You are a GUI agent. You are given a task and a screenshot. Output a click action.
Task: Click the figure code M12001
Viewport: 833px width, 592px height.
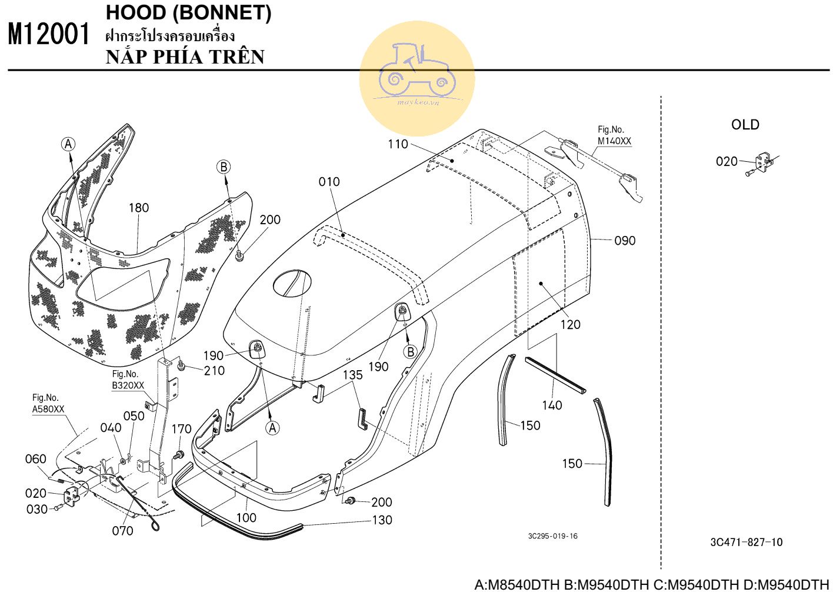49,34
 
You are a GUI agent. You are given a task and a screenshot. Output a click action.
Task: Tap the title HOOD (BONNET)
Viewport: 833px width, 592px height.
188,13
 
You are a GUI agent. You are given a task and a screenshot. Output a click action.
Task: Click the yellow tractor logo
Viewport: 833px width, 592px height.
416,78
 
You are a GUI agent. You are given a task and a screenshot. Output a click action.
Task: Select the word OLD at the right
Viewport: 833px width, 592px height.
745,125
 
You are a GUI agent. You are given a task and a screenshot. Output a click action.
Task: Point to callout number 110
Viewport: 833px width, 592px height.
398,144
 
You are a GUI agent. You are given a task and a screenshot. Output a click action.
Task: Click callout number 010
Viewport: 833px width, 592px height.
329,182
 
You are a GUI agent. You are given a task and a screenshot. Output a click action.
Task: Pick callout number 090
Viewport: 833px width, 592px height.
625,241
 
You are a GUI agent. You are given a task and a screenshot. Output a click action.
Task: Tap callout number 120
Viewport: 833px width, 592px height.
570,324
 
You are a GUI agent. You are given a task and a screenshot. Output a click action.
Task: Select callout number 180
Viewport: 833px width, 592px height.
139,208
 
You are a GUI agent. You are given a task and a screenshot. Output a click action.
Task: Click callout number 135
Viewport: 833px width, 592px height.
352,375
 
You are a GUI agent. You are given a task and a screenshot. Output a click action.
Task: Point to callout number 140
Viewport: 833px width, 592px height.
552,405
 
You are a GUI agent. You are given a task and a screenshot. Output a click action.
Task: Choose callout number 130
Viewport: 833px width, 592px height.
382,520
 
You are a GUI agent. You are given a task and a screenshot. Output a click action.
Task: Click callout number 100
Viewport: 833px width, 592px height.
246,517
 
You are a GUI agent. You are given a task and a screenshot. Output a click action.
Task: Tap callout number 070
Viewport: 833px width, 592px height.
122,531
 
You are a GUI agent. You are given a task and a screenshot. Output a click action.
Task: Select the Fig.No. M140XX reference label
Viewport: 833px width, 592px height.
614,135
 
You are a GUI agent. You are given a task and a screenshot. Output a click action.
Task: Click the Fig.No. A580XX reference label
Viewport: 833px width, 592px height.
48,404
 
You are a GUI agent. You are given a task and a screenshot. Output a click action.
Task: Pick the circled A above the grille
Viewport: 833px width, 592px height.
69,144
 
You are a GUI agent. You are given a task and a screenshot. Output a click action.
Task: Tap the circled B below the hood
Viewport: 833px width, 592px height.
410,352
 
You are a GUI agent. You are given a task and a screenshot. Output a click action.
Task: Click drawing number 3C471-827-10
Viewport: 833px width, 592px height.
746,543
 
